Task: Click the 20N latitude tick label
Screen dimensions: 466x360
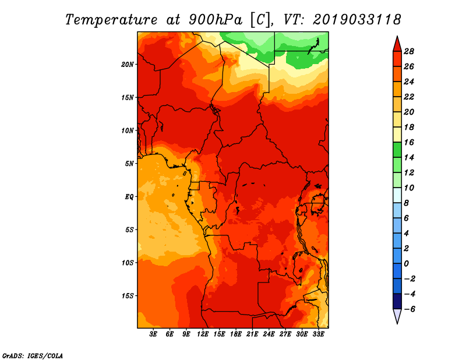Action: click(128, 65)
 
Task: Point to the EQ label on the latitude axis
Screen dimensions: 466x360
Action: click(129, 197)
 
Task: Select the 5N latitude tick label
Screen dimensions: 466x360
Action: click(129, 164)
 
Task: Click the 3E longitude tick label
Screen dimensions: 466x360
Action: click(153, 334)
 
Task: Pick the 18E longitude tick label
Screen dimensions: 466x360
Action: click(236, 334)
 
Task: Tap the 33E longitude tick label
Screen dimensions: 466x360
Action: click(318, 334)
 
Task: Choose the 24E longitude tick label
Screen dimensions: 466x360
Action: click(269, 334)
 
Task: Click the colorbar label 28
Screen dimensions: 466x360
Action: click(409, 51)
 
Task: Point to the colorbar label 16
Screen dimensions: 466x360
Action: click(409, 142)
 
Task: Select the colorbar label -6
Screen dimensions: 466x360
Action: click(409, 309)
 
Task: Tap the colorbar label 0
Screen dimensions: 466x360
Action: click(406, 264)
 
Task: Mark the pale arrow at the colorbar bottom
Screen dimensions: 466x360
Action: click(397, 315)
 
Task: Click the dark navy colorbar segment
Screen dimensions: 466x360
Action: click(397, 301)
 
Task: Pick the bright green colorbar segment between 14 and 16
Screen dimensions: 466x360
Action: click(397, 150)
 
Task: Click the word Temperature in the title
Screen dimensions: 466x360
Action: click(111, 20)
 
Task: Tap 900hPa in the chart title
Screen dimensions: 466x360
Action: click(216, 20)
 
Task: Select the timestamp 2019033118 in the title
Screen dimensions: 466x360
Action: click(356, 20)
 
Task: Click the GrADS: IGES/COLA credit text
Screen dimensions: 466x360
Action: click(33, 355)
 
